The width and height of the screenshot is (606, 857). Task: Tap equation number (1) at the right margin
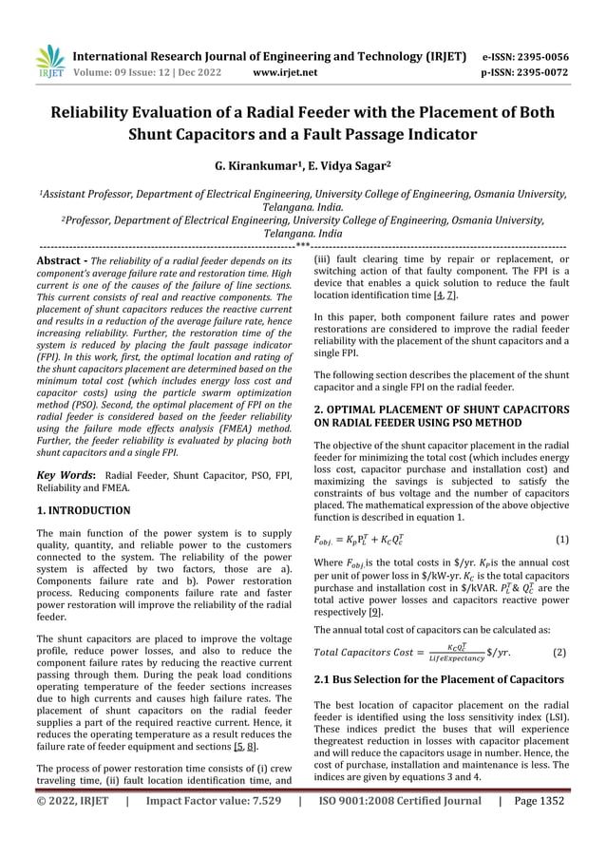(561, 540)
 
